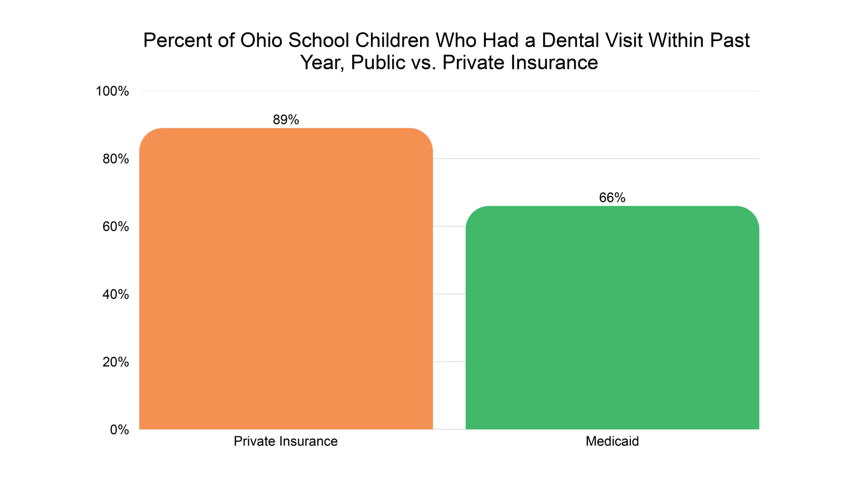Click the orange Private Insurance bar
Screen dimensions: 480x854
tap(286, 279)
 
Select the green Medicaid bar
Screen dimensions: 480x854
tap(612, 317)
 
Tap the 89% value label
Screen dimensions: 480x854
tap(286, 120)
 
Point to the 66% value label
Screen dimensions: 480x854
tap(612, 197)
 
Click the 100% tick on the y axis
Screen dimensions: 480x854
tap(112, 91)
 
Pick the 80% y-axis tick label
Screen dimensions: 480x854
tap(116, 159)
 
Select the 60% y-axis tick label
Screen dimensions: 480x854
tap(116, 227)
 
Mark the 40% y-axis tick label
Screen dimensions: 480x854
tap(116, 294)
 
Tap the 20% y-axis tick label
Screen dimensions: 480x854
tap(116, 362)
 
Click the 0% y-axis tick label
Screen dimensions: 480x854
tap(119, 430)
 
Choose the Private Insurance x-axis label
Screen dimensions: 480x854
tap(286, 441)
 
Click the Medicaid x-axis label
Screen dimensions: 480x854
tap(612, 441)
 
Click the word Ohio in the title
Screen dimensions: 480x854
tap(262, 40)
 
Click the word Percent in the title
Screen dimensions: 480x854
tap(177, 40)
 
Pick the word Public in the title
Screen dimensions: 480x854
tap(378, 63)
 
